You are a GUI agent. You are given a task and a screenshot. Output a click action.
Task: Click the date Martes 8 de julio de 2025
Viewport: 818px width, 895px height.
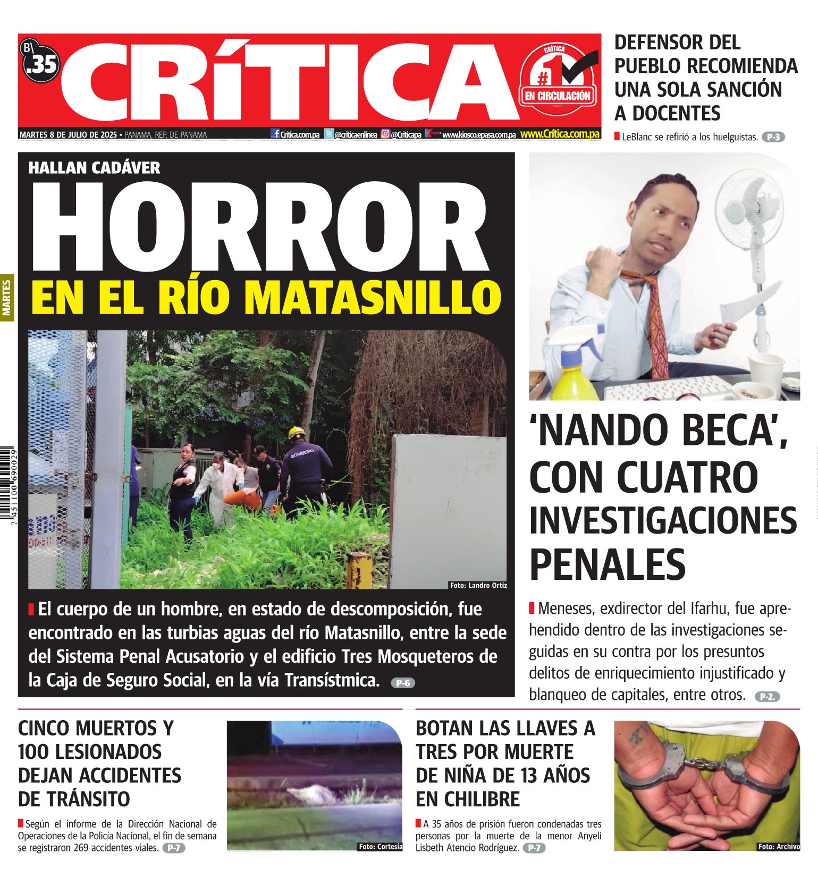68,135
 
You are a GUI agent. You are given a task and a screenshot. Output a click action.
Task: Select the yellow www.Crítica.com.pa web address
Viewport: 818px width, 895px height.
560,134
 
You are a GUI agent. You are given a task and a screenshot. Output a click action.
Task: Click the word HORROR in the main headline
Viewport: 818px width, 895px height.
260,226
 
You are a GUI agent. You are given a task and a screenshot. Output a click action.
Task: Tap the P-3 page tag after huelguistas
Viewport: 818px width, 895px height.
773,137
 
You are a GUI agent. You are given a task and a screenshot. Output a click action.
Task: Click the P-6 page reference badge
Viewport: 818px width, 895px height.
403,683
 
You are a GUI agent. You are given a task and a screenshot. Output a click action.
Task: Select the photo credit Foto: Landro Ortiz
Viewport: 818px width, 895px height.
478,585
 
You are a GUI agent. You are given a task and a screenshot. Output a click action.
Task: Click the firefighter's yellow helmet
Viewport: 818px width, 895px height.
296,433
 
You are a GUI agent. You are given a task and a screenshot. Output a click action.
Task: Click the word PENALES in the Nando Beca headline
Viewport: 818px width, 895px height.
608,564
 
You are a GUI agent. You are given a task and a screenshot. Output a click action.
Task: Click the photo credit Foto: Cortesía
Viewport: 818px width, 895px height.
380,847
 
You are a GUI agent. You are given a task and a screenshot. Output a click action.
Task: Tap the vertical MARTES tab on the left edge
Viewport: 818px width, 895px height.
7,298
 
